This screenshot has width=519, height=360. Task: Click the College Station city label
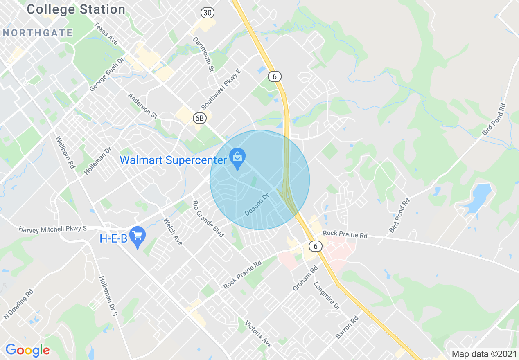pos(76,9)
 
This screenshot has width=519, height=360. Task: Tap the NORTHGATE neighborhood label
pos(38,33)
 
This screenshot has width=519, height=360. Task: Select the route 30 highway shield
pos(208,13)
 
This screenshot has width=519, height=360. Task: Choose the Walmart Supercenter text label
pos(173,160)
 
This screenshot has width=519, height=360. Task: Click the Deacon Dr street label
pos(256,205)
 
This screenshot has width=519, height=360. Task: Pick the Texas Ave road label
pos(106,34)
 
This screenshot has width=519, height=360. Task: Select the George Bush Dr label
pos(106,74)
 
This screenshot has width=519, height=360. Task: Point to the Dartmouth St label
pos(203,54)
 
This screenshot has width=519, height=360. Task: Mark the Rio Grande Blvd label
pos(208,219)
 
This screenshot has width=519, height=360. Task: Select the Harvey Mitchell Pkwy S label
pos(52,229)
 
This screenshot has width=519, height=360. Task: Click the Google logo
pos(27,350)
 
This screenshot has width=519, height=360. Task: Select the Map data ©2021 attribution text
pos(483,354)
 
